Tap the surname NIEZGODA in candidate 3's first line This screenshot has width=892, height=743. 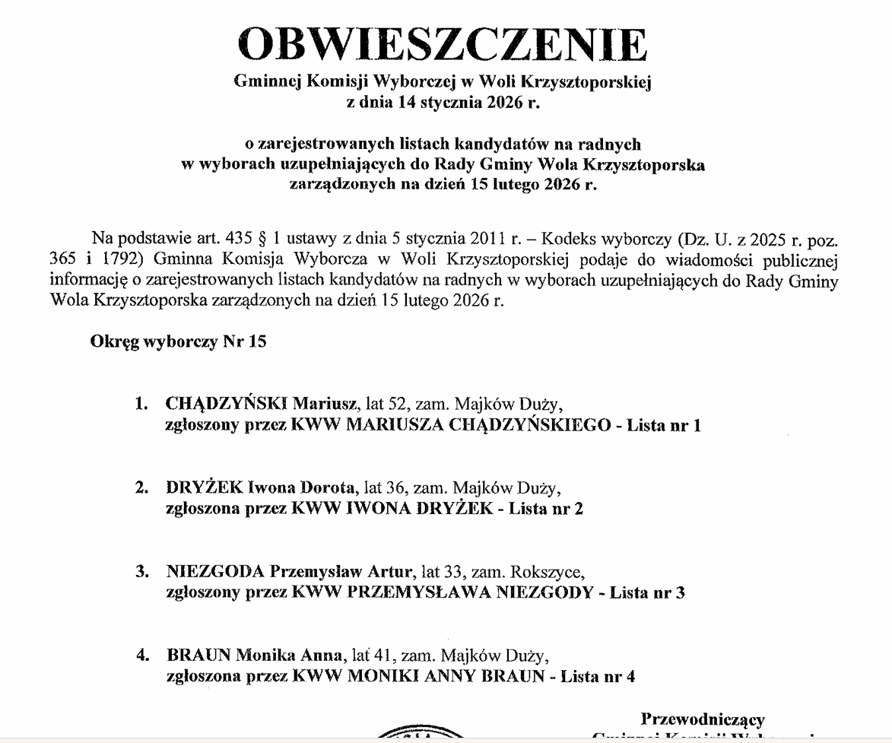tap(215, 570)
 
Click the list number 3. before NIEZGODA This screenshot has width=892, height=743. tap(141, 570)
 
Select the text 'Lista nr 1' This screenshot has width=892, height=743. tap(663, 425)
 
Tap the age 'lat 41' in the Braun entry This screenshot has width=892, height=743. tap(372, 654)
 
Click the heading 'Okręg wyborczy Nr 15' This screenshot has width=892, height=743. tap(178, 341)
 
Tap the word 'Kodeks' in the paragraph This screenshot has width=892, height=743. tap(570, 237)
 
